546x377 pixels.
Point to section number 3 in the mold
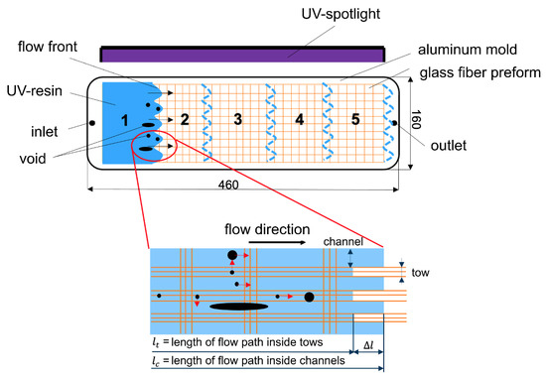(236, 120)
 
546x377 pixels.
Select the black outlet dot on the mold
(393, 123)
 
